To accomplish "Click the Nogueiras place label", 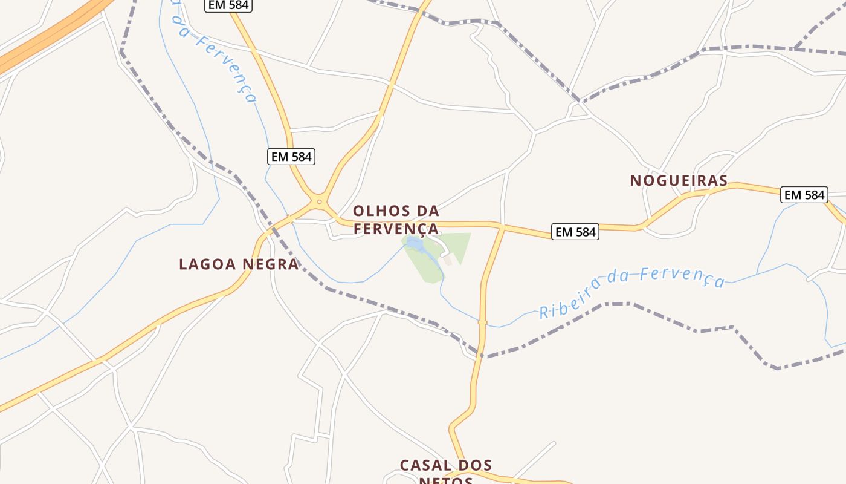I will click(x=679, y=180).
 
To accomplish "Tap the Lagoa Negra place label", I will click(x=239, y=264).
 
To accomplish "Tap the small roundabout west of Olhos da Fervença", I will click(x=319, y=201).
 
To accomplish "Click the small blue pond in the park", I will click(x=415, y=243).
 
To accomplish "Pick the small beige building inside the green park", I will click(x=448, y=260).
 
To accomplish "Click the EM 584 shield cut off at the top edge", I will click(x=228, y=5).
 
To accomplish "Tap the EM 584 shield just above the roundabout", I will click(x=291, y=157).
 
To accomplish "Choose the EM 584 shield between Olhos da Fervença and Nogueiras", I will click(x=575, y=232).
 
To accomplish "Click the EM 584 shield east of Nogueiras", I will click(x=804, y=195).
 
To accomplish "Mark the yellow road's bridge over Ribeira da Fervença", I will click(x=482, y=322).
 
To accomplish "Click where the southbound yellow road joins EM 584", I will click(x=502, y=227).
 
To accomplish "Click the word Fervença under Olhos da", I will click(x=396, y=229).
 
